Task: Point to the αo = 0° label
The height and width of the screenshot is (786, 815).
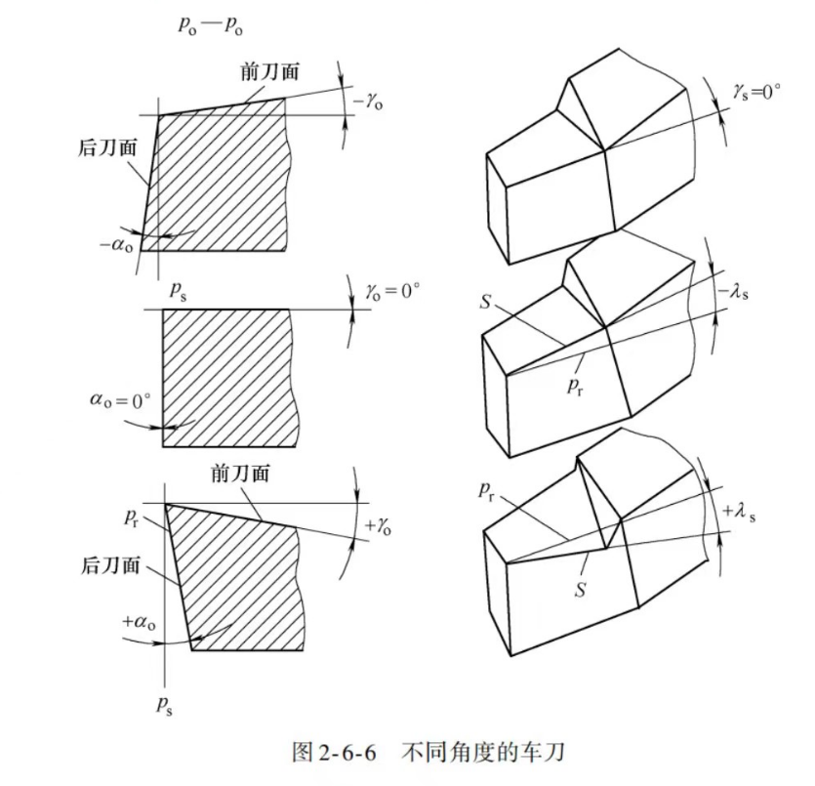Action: (119, 400)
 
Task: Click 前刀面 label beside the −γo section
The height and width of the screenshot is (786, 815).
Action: (267, 72)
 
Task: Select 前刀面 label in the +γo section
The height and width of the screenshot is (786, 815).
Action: (239, 474)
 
